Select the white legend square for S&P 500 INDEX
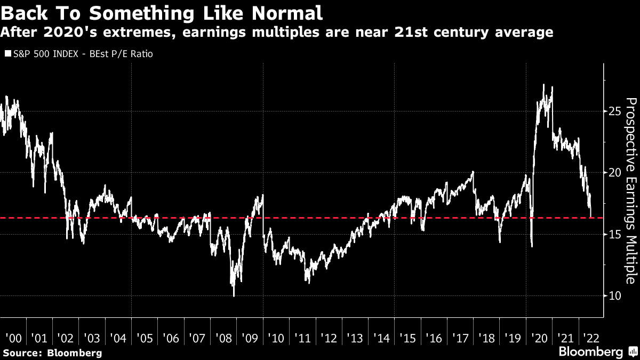(x=7, y=54)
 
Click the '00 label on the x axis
(x=13, y=338)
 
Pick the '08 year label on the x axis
(x=223, y=338)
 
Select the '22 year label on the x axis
(x=590, y=338)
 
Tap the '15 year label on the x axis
(x=407, y=338)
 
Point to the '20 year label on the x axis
(x=538, y=338)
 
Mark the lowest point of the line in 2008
(x=234, y=295)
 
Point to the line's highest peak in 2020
(x=543, y=85)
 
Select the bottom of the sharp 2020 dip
(x=532, y=246)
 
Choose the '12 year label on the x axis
(x=328, y=338)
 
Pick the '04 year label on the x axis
(x=118, y=338)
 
